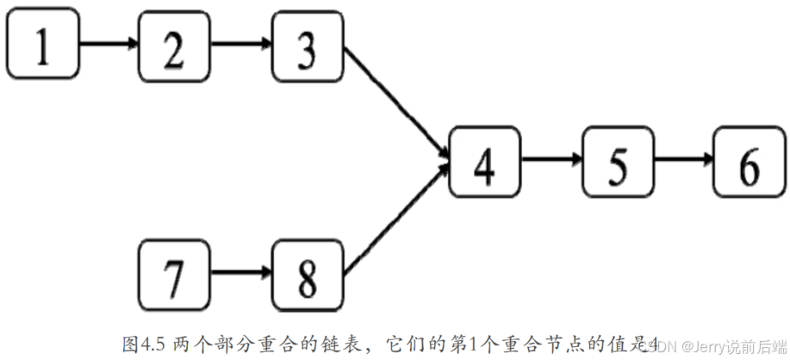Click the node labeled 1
[42, 45]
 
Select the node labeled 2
[174, 45]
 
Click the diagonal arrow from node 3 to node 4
[396, 102]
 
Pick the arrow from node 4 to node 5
[551, 159]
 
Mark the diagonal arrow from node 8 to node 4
[396, 219]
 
